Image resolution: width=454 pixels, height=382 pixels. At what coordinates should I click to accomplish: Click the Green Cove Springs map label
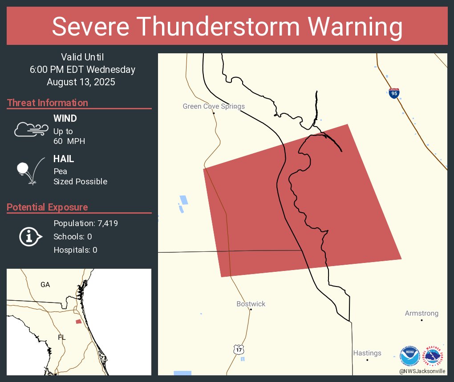click(214, 106)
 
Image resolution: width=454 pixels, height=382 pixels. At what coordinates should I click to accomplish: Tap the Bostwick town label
click(251, 304)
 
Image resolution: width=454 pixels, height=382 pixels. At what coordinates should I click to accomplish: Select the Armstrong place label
click(422, 313)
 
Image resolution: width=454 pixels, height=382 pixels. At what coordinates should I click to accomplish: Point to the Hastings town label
click(367, 353)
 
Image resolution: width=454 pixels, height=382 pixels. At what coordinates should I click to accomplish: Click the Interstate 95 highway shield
click(393, 93)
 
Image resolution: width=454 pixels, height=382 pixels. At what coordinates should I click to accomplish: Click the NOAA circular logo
click(409, 356)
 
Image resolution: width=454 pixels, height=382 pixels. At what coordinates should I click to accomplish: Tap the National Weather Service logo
click(434, 356)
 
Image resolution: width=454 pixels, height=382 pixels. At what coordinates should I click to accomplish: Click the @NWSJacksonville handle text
click(422, 371)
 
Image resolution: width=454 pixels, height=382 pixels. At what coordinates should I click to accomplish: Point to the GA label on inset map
click(45, 285)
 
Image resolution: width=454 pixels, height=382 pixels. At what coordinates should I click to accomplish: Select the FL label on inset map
click(61, 337)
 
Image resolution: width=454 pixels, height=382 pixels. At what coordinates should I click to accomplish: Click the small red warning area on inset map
click(78, 321)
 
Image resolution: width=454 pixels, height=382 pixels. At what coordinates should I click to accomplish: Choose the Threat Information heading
click(48, 103)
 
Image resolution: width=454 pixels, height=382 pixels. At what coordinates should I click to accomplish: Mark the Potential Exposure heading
click(47, 207)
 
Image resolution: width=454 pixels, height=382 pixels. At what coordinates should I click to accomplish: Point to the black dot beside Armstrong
click(422, 320)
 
